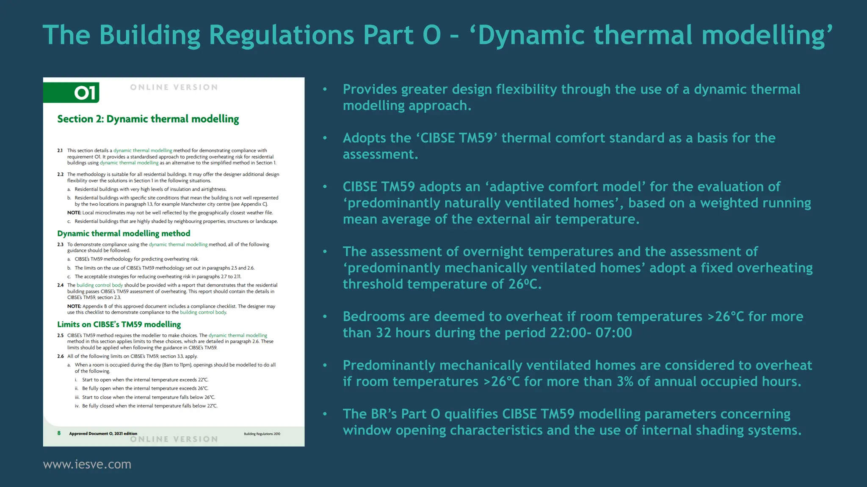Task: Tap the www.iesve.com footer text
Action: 87,464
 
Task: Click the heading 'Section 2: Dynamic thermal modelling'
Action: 148,119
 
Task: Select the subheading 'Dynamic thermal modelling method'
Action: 124,233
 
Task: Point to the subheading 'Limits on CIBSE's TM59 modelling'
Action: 119,324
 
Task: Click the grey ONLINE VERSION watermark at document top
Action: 174,88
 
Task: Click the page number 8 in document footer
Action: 59,433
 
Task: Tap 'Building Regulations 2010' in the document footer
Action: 262,434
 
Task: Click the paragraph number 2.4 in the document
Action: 60,285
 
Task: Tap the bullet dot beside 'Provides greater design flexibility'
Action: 325,89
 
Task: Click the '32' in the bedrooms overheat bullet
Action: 384,333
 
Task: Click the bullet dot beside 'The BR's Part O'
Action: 325,414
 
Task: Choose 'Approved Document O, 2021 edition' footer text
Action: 103,433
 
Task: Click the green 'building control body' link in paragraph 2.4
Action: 99,285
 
